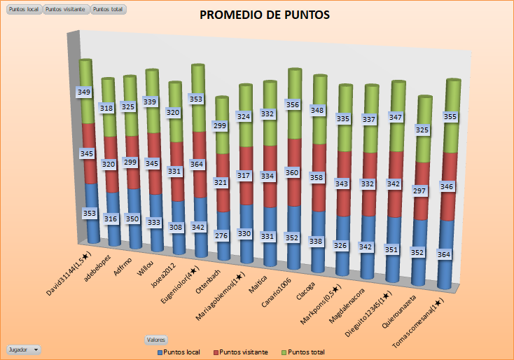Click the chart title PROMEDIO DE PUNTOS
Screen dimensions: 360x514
click(x=265, y=15)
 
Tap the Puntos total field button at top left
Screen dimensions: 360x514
click(x=108, y=9)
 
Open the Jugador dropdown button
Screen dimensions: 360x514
click(x=23, y=349)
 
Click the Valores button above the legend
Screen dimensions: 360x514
click(x=155, y=340)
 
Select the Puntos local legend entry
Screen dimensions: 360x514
click(x=184, y=352)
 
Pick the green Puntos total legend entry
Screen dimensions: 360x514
click(x=303, y=352)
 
